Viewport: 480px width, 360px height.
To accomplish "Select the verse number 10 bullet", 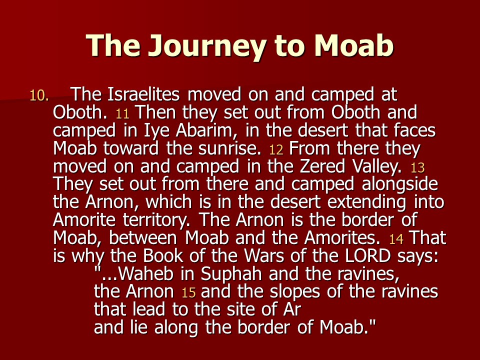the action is (39, 96).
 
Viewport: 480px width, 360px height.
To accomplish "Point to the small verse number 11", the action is (122, 114).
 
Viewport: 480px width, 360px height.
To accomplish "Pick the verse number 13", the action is (417, 168).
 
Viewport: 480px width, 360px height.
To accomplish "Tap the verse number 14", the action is (396, 239).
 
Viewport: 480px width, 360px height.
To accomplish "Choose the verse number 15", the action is (188, 293).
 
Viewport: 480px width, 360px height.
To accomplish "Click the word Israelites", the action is (143, 94).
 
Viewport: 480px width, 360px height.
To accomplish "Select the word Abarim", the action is (204, 130).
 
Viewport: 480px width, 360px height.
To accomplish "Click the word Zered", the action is (322, 166).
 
